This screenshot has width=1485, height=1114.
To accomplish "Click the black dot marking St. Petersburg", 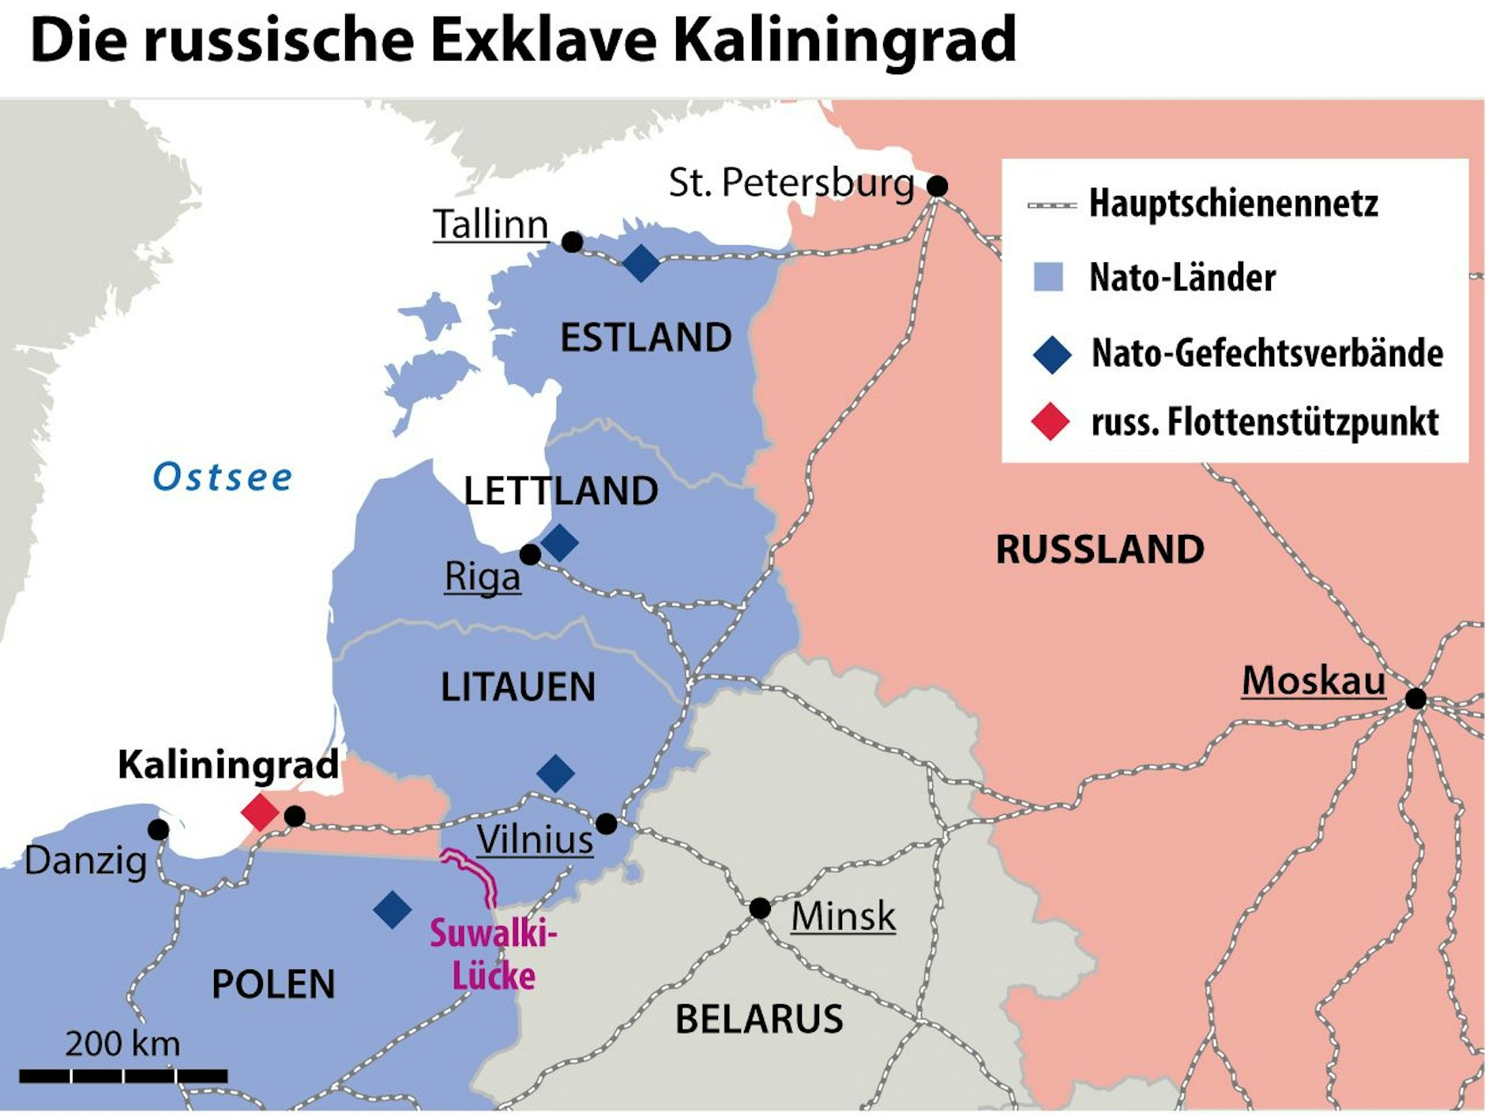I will tap(937, 186).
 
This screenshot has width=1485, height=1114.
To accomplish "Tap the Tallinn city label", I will tap(491, 225).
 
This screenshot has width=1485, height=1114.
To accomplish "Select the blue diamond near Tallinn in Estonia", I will tap(641, 263).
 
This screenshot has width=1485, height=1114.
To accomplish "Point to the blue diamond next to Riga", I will tap(559, 542).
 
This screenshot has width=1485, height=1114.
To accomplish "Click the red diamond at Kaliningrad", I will tap(260, 812).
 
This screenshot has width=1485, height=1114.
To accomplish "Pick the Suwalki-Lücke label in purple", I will tap(493, 954).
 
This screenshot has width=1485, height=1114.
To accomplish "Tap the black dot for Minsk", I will tap(759, 909).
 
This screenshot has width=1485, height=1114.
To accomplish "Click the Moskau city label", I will tap(1313, 681).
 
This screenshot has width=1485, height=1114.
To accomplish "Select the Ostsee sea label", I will tap(223, 477).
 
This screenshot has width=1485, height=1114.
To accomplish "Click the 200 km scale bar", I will tap(123, 1075).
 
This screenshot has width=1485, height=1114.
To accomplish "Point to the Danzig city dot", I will tap(159, 830).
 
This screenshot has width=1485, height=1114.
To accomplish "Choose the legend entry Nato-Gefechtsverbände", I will tap(1266, 353).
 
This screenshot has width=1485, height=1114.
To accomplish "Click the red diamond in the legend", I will tap(1051, 421).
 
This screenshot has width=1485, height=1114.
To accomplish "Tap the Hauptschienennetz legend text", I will tap(1233, 204).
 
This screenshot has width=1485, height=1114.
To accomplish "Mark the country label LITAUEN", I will tap(518, 687).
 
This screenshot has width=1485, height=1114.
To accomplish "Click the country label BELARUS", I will tap(758, 1018).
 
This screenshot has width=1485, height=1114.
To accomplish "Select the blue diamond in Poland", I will tap(393, 909).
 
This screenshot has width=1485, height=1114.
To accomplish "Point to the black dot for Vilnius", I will tap(606, 824).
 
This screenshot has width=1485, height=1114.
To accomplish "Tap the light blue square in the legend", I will tap(1048, 277).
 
